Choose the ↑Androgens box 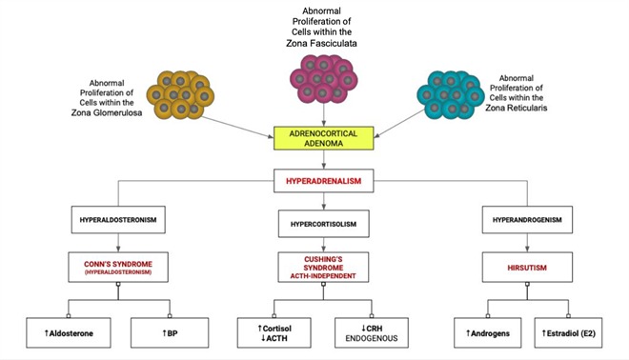tap(484, 332)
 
